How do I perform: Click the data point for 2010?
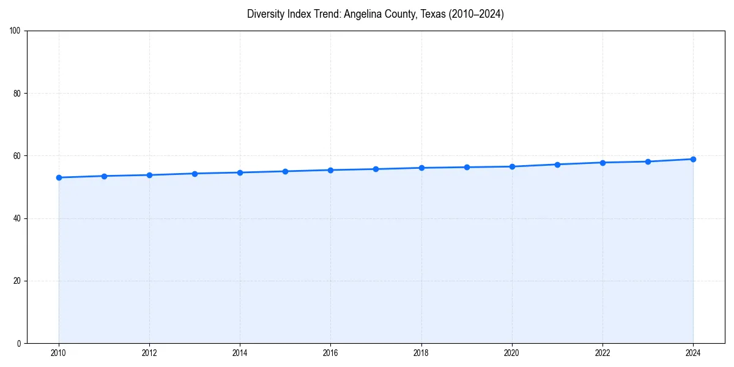[59, 177]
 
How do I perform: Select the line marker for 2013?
[195, 174]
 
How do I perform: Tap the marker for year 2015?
[285, 171]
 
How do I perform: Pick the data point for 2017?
[376, 169]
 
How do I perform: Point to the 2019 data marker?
[467, 167]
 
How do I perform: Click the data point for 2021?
[557, 164]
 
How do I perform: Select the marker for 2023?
[648, 161]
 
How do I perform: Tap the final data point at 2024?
[693, 159]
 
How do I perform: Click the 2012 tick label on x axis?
[149, 353]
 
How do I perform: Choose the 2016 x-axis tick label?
[330, 353]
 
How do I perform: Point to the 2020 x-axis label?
[512, 353]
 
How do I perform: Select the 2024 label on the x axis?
[693, 353]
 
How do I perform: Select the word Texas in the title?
[434, 14]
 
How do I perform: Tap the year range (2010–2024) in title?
[476, 14]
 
